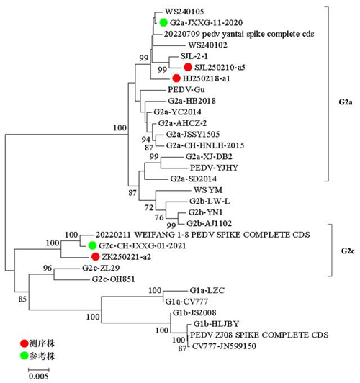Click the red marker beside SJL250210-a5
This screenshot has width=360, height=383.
coord(188,67)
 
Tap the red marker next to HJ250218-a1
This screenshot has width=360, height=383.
coord(176,78)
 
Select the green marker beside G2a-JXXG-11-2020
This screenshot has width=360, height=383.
coord(163,22)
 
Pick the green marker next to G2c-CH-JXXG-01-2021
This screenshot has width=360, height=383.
coord(92,245)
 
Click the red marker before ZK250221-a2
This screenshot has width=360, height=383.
coord(95,257)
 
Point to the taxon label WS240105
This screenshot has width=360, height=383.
coord(184,12)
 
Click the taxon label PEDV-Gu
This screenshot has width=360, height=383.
coord(186,90)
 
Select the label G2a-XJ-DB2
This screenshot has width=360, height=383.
coord(209,156)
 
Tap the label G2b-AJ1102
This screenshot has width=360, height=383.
coord(209,223)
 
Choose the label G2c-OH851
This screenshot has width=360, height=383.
coord(113,279)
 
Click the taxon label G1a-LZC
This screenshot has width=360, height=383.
coord(207,290)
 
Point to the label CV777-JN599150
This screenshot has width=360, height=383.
coord(224,346)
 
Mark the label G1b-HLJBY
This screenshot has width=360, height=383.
coord(216,324)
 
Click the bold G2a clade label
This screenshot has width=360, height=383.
coord(346,102)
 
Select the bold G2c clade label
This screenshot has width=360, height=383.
coord(348,251)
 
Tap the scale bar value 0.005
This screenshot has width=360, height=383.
coord(38,376)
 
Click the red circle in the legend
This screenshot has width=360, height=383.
coord(24,343)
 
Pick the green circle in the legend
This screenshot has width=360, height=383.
coord(24,356)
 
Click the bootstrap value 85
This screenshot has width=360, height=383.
coord(22,299)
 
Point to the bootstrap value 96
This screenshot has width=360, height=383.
coord(48,268)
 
